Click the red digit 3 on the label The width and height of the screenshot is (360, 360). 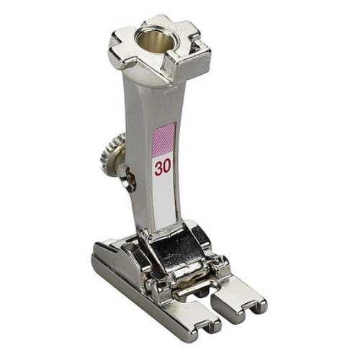158,168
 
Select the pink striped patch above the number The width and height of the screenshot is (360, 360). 163,139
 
